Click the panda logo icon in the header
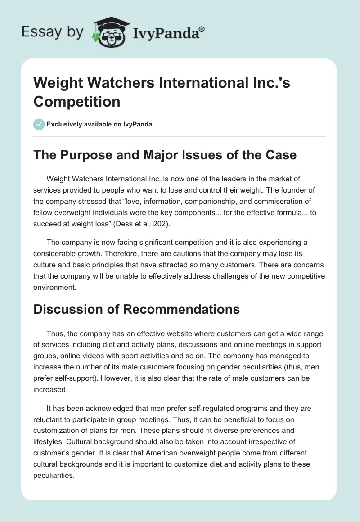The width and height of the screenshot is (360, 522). point(110,32)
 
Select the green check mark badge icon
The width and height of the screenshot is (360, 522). point(39,124)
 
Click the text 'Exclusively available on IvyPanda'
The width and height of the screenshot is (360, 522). point(99,124)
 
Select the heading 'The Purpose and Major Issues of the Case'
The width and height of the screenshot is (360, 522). point(165,155)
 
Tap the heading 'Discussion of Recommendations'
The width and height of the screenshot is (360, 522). point(136,310)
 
